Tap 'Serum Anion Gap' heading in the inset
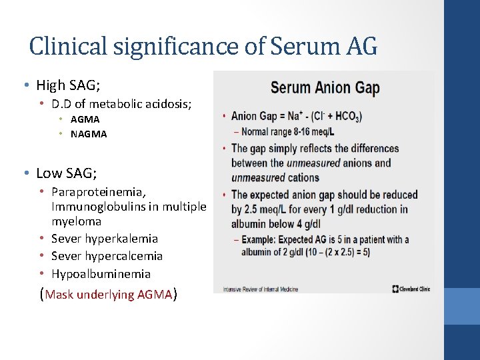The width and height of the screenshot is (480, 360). pos(325,87)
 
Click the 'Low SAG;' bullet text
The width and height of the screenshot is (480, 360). pos(67,173)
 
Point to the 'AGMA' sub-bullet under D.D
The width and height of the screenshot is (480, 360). pos(85,119)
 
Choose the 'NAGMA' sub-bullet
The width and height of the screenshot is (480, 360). pos(89,133)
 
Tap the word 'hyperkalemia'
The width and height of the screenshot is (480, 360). pos(123,238)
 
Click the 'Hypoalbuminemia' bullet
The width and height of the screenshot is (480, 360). pos(101,273)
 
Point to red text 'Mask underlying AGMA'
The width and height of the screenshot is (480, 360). pos(109,294)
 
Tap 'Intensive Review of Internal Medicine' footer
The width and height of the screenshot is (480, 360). pos(260,289)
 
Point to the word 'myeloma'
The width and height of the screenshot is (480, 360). pos(77,221)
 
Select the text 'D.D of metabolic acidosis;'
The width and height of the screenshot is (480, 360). pos(121,103)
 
